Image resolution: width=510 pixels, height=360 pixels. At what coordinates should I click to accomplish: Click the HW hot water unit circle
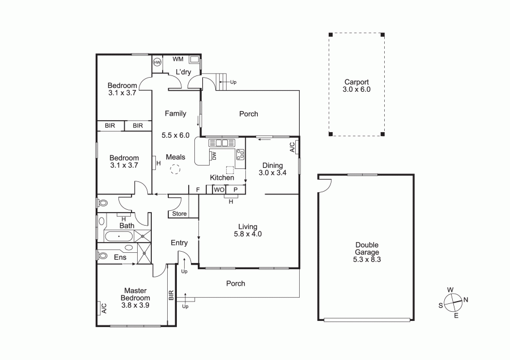click(157, 62)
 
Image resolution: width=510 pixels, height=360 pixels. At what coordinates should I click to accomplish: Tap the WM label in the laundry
click(178, 59)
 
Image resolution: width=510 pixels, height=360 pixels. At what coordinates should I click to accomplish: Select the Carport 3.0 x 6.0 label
click(356, 86)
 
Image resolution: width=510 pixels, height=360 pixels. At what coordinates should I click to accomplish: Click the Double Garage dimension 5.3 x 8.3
click(367, 260)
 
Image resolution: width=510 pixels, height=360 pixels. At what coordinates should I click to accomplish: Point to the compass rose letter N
click(466, 300)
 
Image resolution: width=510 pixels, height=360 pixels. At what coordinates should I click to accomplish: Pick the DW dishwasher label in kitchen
click(214, 156)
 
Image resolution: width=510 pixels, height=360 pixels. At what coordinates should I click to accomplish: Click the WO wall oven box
click(219, 189)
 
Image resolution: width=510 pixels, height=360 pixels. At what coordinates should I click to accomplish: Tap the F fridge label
click(198, 190)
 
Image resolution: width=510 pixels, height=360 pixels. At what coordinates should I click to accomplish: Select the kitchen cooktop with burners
click(240, 155)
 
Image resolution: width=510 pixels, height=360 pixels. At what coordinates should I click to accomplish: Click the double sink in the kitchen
click(222, 142)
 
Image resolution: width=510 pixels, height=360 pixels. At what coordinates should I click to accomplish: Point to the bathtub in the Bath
click(119, 236)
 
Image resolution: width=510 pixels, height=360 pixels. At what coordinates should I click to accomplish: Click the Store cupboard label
click(180, 214)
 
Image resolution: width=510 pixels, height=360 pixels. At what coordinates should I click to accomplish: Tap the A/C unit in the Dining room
click(292, 147)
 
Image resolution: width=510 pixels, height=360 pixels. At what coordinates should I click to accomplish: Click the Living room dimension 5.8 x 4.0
click(248, 234)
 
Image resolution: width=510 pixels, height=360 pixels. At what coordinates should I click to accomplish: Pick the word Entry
click(179, 243)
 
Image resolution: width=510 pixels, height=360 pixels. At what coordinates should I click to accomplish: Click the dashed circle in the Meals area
click(175, 170)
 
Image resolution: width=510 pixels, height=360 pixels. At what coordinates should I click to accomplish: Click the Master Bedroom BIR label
click(171, 295)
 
